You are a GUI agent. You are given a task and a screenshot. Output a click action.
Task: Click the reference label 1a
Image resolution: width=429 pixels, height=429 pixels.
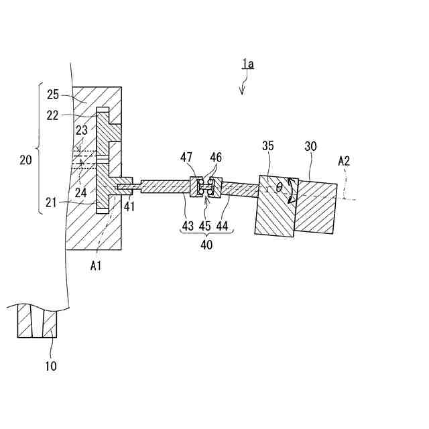pyautogui.click(x=248, y=64)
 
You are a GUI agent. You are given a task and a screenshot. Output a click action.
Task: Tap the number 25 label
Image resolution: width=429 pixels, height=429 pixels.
pyautogui.click(x=54, y=95)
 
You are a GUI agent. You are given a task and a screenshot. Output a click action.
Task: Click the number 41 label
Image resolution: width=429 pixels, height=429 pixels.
pyautogui.click(x=129, y=206)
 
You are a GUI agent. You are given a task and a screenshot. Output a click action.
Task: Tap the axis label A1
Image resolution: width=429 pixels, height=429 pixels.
pyautogui.click(x=97, y=265)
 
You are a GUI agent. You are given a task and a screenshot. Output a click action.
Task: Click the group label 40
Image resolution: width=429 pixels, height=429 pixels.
pyautogui.click(x=206, y=245)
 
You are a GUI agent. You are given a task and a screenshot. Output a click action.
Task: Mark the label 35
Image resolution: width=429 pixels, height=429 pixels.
pyautogui.click(x=268, y=146)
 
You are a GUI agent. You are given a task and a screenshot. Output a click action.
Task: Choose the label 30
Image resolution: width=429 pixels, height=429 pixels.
pyautogui.click(x=311, y=146)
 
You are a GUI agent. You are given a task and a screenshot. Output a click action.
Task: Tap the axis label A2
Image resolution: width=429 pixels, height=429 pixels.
pyautogui.click(x=344, y=161)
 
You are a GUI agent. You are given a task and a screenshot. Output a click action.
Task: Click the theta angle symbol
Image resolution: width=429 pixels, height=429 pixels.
pyautogui.click(x=278, y=188)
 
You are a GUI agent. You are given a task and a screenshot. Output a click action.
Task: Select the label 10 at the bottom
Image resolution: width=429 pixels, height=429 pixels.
pyautogui.click(x=51, y=366)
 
